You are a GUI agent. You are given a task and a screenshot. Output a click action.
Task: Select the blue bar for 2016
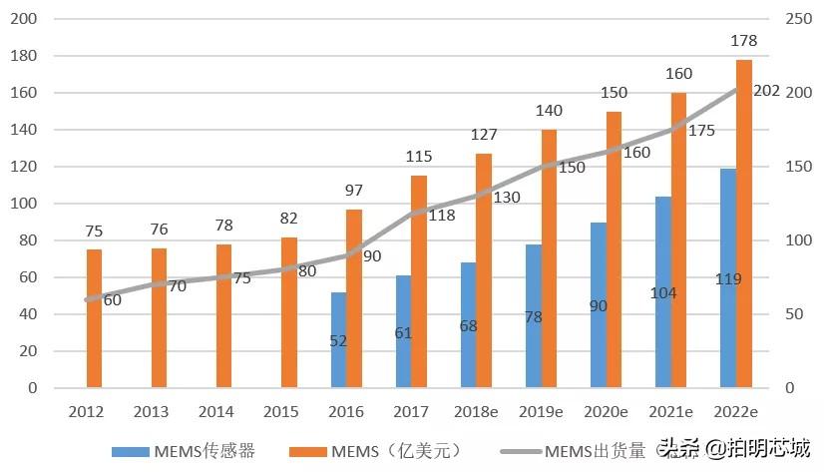point(338,339)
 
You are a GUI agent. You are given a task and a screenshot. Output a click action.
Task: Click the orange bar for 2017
point(419,280)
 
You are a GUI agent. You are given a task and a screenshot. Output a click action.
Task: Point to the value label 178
point(744,41)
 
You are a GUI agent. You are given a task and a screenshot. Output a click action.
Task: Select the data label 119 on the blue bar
point(728,279)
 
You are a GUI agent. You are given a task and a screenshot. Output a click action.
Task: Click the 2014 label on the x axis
point(215,410)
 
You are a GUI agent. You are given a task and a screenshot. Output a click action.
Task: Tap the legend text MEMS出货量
point(596,451)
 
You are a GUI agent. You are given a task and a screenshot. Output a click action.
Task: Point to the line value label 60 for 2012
point(112,299)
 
